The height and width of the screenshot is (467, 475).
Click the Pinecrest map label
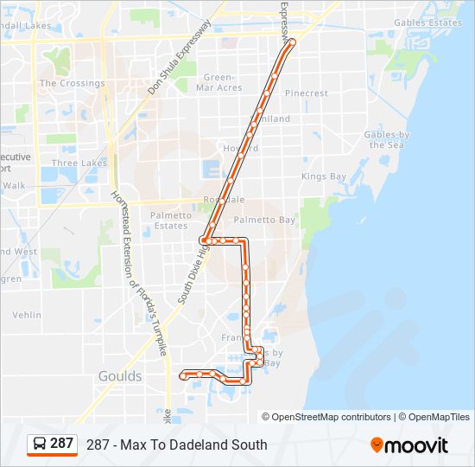[307, 93]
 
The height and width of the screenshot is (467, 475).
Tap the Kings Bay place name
[324, 176]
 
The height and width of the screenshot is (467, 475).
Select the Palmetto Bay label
[264, 221]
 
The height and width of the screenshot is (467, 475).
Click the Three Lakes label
[79, 163]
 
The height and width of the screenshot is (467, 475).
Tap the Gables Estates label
[427, 23]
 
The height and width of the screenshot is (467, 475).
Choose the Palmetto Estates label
[169, 221]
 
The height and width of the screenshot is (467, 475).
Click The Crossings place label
[72, 84]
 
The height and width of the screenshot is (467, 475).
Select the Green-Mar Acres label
[218, 82]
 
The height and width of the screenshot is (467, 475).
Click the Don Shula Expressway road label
[179, 57]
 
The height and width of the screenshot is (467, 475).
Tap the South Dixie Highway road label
[194, 274]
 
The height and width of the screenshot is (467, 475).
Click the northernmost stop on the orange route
[292, 42]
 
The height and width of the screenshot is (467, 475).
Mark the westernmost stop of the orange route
[182, 374]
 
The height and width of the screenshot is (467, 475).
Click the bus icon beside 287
[40, 444]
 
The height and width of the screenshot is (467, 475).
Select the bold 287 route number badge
[61, 444]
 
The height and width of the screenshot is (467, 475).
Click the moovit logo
[409, 445]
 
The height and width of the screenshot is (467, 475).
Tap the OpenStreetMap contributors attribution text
[332, 417]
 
